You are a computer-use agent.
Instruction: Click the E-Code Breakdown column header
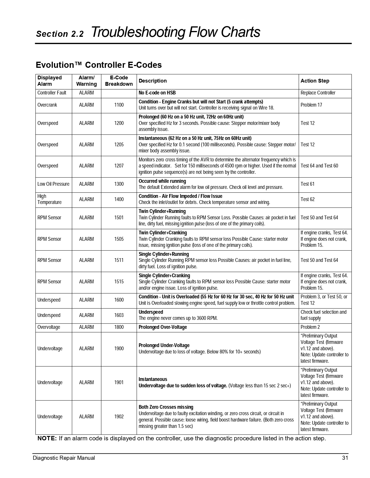click(119, 81)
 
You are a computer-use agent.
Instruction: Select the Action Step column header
click(315, 81)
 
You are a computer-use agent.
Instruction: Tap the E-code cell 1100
click(119, 105)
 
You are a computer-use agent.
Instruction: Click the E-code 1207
click(119, 166)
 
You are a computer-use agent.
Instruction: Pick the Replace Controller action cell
click(318, 93)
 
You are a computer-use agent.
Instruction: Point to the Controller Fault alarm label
click(52, 93)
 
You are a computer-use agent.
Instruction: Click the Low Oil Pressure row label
click(53, 184)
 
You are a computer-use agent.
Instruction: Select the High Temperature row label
click(49, 199)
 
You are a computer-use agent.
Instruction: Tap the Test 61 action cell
click(307, 184)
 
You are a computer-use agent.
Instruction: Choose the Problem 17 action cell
click(311, 105)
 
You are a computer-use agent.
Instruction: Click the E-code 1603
click(119, 315)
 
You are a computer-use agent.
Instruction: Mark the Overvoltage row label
click(49, 327)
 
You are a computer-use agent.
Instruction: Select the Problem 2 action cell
click(310, 327)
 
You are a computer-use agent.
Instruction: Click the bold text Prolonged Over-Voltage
click(163, 327)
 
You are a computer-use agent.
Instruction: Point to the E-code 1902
click(119, 417)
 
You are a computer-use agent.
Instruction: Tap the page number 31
click(345, 458)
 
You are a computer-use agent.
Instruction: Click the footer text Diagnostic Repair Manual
click(64, 458)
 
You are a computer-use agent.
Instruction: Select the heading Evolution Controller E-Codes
click(99, 65)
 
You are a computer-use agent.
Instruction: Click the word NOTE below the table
click(47, 438)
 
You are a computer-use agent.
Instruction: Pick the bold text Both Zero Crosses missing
click(166, 407)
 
